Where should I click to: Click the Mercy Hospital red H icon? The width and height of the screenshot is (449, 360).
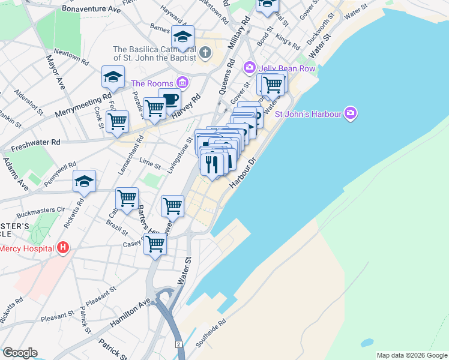[62, 248]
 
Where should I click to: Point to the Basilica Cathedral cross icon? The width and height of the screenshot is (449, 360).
[205, 53]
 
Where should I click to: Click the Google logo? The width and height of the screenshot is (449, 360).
[20, 352]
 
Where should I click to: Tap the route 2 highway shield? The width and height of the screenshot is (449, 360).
[178, 344]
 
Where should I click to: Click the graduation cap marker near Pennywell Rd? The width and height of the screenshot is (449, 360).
[85, 181]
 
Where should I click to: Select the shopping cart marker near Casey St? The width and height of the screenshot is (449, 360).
[155, 244]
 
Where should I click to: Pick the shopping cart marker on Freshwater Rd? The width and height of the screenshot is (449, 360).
[117, 121]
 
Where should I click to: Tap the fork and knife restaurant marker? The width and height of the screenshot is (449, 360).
[212, 163]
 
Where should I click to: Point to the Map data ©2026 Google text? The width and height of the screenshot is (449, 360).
[412, 355]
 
